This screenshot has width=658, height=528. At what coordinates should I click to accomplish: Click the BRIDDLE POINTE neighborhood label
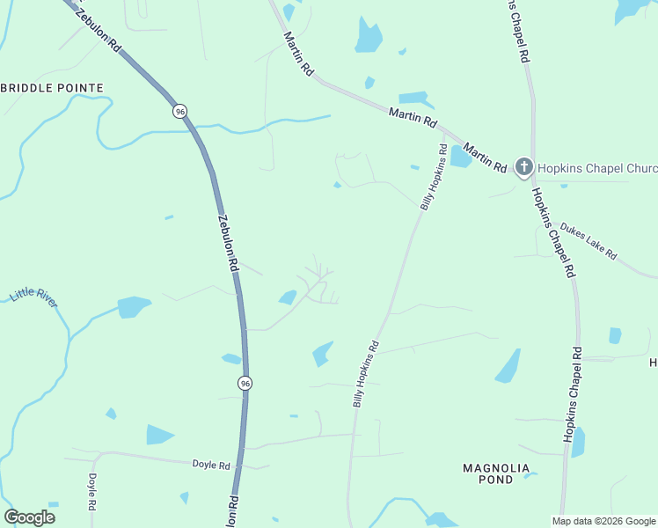click(53, 88)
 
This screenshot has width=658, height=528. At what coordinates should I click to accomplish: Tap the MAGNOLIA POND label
click(496, 473)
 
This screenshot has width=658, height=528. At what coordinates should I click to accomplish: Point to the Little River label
click(34, 297)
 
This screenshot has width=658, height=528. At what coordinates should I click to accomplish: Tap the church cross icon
click(523, 166)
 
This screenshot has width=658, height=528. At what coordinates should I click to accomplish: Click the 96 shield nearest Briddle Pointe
click(179, 112)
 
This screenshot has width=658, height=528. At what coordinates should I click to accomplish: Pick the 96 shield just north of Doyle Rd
click(245, 383)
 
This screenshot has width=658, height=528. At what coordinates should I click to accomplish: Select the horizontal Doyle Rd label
click(211, 465)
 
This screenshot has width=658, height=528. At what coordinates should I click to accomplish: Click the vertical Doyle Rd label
click(92, 493)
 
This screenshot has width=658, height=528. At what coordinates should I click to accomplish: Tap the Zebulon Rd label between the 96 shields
click(227, 242)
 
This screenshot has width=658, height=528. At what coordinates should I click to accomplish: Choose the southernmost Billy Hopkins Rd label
click(365, 374)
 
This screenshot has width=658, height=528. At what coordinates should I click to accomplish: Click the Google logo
click(30, 517)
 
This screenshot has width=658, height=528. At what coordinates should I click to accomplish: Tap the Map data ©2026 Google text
click(603, 521)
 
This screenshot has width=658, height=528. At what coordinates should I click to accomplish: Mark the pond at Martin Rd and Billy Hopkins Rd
click(460, 157)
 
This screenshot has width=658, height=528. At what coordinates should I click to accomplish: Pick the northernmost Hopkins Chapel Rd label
click(520, 30)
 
